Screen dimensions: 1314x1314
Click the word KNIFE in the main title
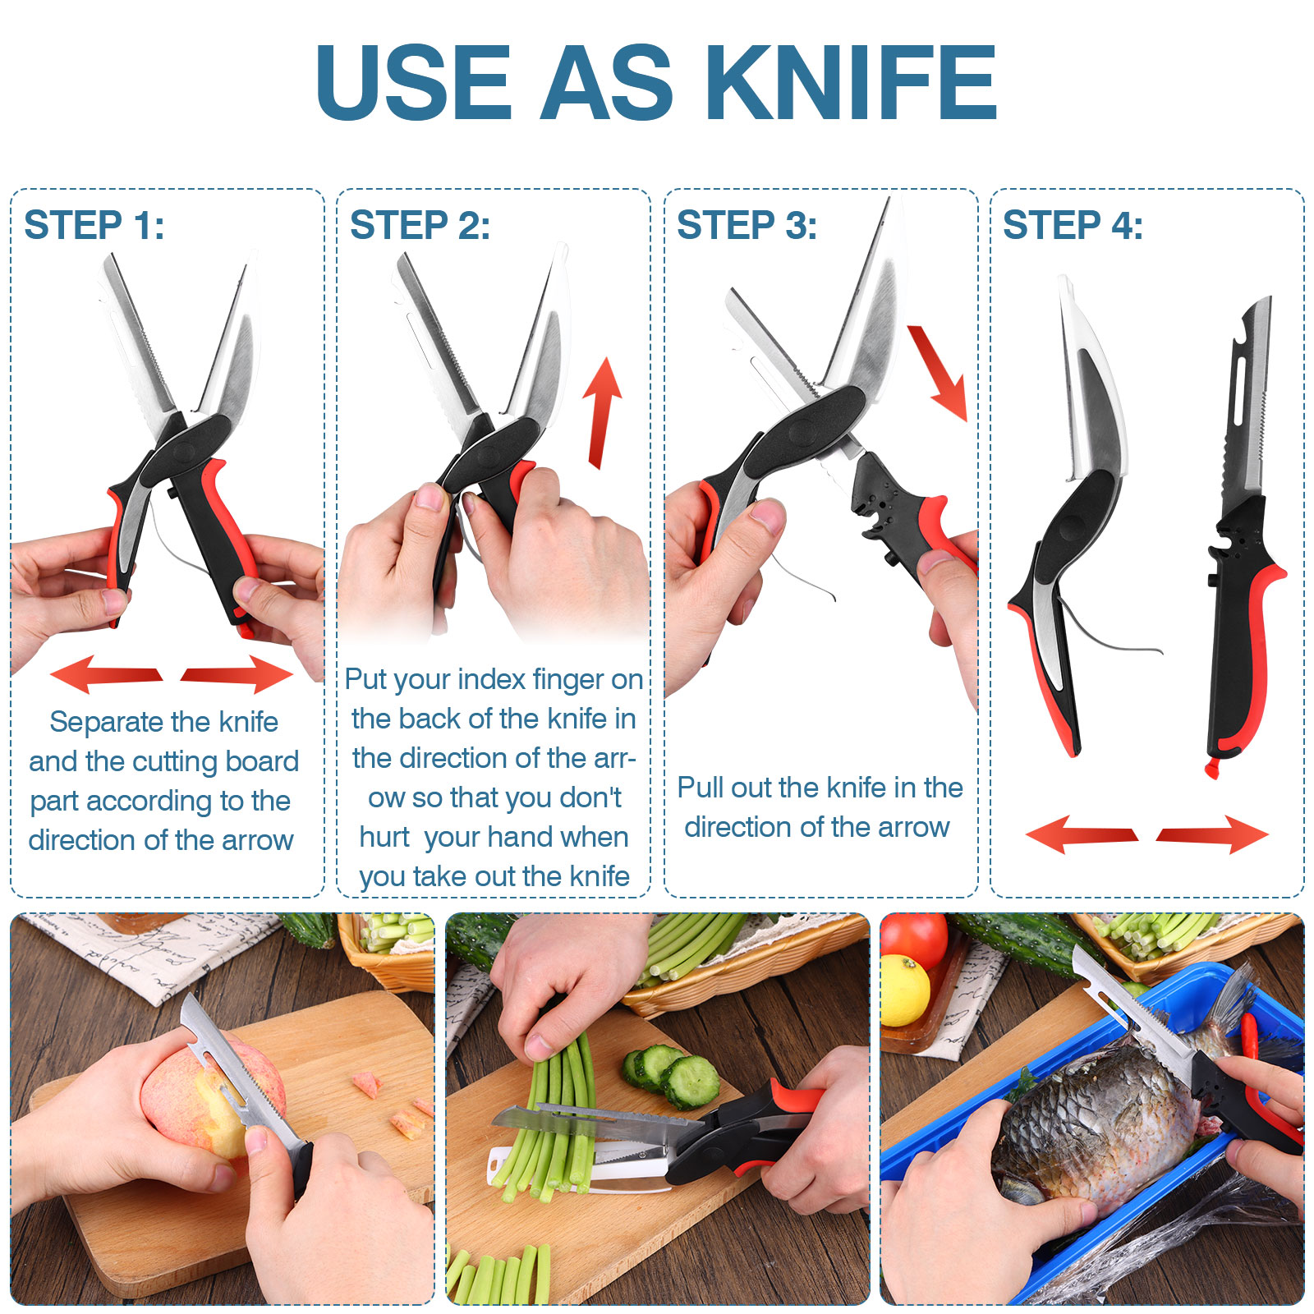(852, 82)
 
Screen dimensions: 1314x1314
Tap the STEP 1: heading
(94, 225)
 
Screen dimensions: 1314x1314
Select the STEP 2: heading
(420, 225)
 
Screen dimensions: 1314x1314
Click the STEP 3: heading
(747, 225)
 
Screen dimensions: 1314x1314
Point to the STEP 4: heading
(1073, 225)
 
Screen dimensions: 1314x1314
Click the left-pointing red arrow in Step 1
(106, 674)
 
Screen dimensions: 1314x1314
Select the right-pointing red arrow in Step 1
(237, 674)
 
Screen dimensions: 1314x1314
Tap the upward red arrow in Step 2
(603, 413)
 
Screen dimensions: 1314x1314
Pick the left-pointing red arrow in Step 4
(1082, 834)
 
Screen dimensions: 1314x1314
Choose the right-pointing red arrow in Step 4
(1212, 834)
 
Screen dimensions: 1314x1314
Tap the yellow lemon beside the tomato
(904, 990)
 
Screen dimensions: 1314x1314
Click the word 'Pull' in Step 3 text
(701, 788)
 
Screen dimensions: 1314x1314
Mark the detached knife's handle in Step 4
(1238, 632)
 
